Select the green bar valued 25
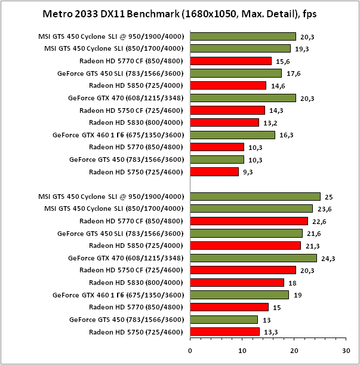255,197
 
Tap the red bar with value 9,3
214,171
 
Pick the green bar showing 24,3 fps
253,258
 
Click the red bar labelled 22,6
249,221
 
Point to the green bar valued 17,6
236,73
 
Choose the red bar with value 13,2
224,122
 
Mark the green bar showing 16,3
232,135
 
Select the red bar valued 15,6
230,61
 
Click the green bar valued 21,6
246,234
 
